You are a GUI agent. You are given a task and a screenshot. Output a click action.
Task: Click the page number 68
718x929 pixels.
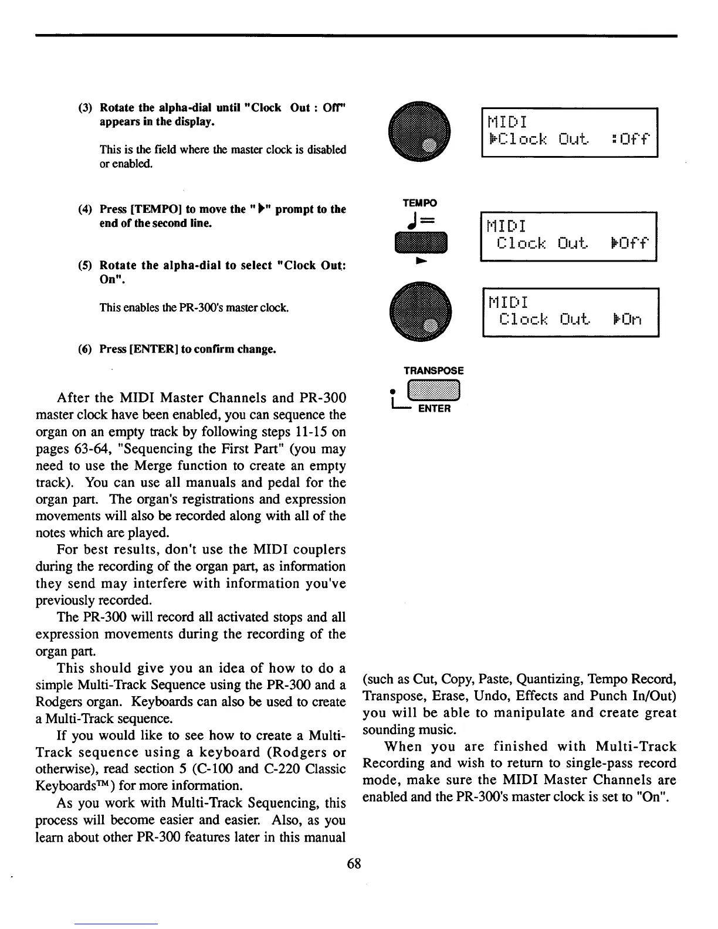(x=354, y=863)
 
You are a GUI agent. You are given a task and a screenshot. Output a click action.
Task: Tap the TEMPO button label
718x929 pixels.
(x=419, y=203)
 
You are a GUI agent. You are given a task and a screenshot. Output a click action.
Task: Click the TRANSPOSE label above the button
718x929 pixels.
(x=433, y=371)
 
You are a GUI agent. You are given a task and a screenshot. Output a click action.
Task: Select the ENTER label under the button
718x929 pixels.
(x=434, y=409)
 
